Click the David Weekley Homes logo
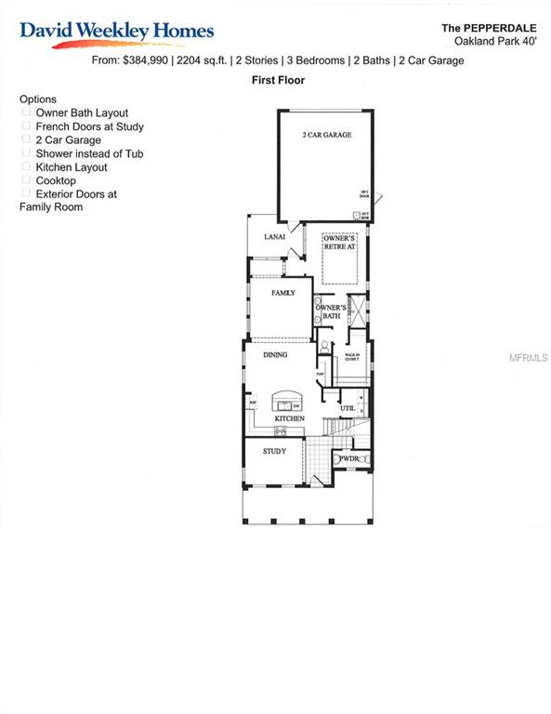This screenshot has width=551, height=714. (x=117, y=32)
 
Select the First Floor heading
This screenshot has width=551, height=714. (x=278, y=81)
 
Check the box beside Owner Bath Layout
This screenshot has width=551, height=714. (x=26, y=112)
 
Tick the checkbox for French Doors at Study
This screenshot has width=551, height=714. (x=26, y=126)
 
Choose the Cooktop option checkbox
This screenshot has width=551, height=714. (x=26, y=180)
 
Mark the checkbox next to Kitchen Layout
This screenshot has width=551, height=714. (x=26, y=167)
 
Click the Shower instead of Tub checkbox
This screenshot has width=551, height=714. (x=26, y=153)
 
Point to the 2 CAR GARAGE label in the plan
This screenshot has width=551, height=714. (x=326, y=136)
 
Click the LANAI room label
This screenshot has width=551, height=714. (x=274, y=238)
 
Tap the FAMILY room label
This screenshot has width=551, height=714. (x=282, y=293)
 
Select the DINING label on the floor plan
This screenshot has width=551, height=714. (x=275, y=354)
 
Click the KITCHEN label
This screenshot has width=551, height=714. (x=289, y=419)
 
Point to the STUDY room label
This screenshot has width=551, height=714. (x=274, y=451)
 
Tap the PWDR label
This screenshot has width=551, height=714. (x=348, y=458)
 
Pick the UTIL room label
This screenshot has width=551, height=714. (x=348, y=408)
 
